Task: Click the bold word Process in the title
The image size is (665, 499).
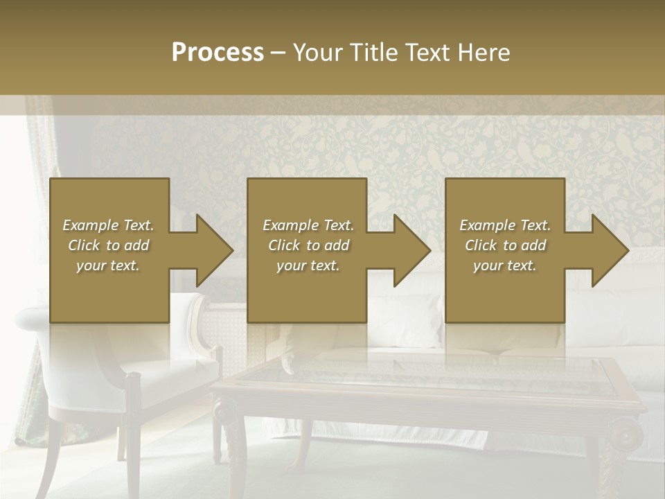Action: [218, 53]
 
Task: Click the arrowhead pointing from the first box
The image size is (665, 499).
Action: [211, 250]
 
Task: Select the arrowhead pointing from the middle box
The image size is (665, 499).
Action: [409, 250]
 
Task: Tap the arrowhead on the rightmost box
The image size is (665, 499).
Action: [607, 250]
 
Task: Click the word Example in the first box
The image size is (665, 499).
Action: [91, 225]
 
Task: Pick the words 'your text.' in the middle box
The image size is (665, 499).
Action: [308, 265]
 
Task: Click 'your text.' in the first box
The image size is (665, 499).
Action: [107, 265]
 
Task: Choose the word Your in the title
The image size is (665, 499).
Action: [317, 53]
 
